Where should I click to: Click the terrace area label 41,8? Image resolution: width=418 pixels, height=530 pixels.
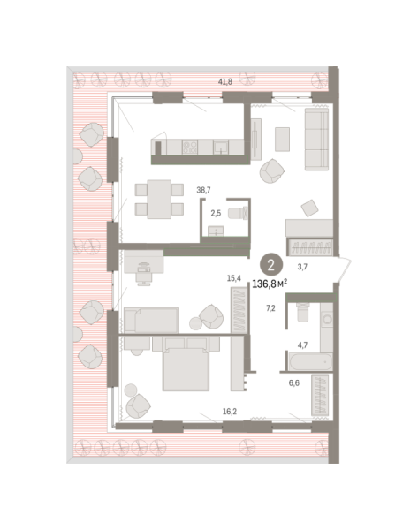click(x=225, y=81)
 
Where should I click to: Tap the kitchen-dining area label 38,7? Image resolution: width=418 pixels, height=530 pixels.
click(x=203, y=190)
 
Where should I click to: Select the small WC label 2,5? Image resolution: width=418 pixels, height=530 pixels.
click(x=216, y=213)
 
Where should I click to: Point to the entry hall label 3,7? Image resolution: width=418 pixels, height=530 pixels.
click(x=302, y=267)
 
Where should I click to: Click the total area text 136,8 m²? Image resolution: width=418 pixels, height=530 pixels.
click(x=270, y=284)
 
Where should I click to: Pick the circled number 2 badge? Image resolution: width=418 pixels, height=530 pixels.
click(x=271, y=265)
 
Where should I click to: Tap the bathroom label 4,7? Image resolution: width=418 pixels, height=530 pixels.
click(x=303, y=345)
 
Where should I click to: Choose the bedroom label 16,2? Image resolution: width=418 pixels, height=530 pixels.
click(x=230, y=412)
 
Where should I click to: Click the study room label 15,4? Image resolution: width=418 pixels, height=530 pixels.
click(x=234, y=278)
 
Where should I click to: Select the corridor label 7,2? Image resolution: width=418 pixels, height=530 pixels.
click(x=270, y=308)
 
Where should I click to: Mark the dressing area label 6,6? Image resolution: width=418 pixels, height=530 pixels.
click(x=294, y=383)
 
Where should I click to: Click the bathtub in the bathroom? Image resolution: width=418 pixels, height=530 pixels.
click(x=310, y=362)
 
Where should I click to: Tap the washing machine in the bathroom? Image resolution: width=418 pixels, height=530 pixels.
click(x=327, y=319)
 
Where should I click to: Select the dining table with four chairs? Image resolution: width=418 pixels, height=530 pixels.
click(x=159, y=200)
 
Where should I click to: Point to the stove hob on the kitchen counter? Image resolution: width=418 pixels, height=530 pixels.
click(x=190, y=148)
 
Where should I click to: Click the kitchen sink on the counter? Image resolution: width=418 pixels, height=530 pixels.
click(x=221, y=148)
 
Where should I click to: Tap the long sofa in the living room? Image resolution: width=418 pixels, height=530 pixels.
click(x=317, y=140)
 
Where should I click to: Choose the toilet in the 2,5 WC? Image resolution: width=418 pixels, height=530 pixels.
click(x=238, y=213)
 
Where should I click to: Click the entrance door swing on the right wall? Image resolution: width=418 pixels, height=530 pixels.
click(x=345, y=269)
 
